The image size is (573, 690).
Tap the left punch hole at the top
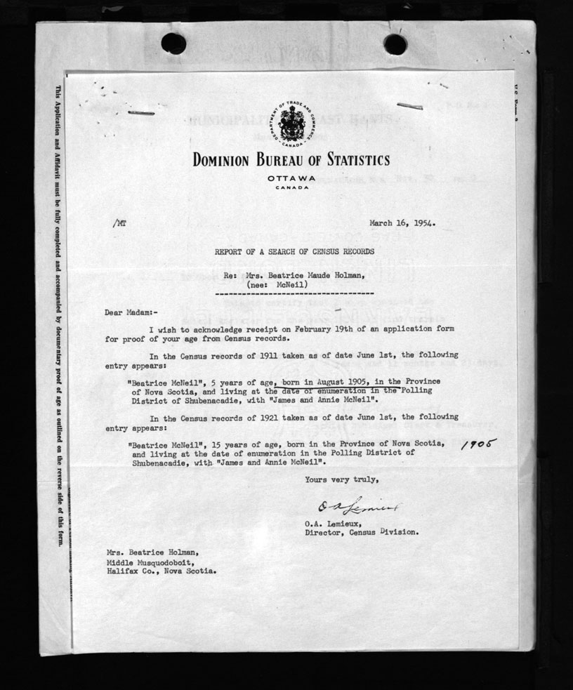click(x=173, y=44)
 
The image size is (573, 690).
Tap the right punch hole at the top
click(x=395, y=44)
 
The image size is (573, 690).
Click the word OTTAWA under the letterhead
click(x=291, y=178)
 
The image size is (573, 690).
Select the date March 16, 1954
click(x=402, y=225)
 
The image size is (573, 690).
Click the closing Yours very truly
click(x=341, y=480)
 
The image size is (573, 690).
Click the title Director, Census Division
click(x=362, y=531)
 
